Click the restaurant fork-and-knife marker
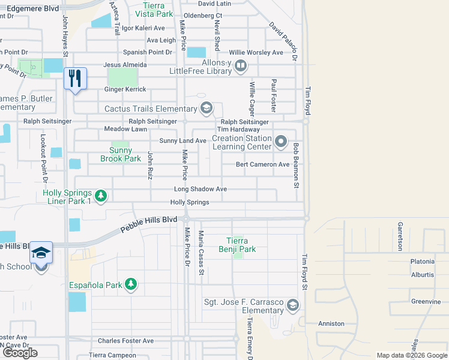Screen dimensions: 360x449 point(76,79)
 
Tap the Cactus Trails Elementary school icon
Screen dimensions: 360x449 point(206,109)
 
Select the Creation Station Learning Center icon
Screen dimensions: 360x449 point(281,142)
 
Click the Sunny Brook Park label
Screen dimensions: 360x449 point(125,155)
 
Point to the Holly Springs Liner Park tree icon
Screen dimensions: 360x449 point(101,196)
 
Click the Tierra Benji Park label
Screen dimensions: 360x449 point(237,245)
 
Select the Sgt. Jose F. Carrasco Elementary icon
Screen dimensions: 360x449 point(292,305)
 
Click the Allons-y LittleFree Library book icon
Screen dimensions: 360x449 point(241,66)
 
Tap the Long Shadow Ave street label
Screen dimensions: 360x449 point(200,189)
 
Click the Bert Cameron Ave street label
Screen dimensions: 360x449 point(262,164)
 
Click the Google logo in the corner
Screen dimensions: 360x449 point(20,353)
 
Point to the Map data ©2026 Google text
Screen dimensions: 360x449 point(411,355)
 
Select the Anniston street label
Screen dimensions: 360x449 point(331,323)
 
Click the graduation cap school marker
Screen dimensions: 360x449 point(41,253)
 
